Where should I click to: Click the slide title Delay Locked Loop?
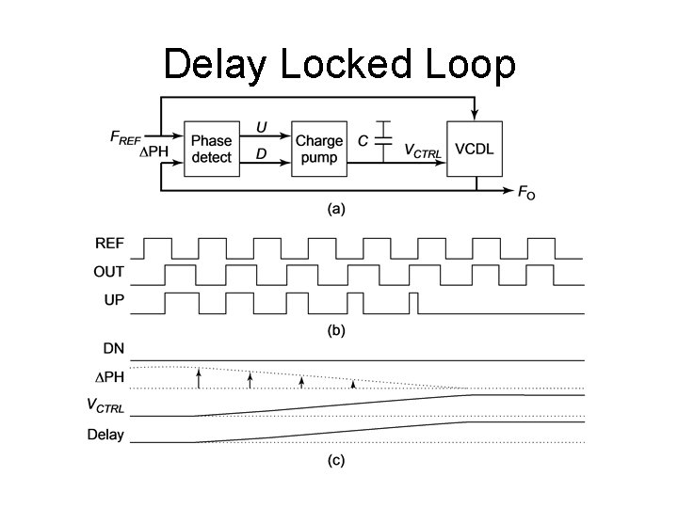[339, 65]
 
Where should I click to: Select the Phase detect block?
[211, 149]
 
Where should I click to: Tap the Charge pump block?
[319, 149]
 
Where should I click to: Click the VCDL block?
[475, 149]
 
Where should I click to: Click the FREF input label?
[129, 138]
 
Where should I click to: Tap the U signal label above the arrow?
[261, 127]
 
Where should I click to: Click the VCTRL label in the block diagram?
[422, 151]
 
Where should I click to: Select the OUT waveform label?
[108, 272]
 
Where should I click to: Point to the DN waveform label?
[113, 348]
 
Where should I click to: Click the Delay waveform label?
[106, 435]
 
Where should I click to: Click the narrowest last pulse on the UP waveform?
[414, 303]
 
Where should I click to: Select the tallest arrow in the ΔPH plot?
[199, 378]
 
